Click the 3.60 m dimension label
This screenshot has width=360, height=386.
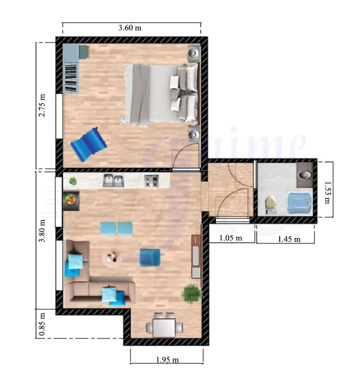130,28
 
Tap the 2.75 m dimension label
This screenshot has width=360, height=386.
42,105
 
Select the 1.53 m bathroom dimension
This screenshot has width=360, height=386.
327,192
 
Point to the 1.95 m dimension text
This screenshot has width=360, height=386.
167,360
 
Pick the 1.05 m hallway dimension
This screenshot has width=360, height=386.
231,238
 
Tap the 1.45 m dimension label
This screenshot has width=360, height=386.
289,239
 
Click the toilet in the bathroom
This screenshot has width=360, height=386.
271,205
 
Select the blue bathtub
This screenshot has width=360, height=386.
299,204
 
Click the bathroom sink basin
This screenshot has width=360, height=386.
305,175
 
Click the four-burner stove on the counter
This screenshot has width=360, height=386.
151,181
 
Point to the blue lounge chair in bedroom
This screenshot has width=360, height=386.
88,144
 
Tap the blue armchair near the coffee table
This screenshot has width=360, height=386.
150,257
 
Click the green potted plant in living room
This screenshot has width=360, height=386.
192,293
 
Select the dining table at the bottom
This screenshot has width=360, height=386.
164,327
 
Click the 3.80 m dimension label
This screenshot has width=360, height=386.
42,231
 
